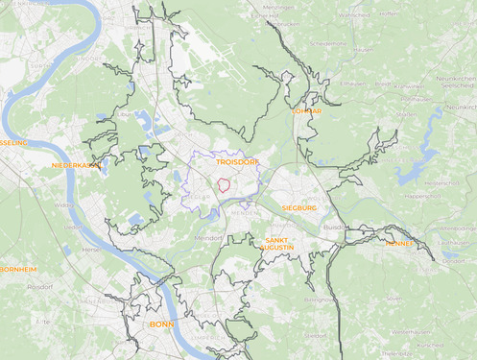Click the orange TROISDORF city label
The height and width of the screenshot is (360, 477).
(x=230, y=163)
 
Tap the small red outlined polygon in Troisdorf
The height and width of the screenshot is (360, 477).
(x=222, y=184)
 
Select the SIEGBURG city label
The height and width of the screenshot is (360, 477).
(x=299, y=207)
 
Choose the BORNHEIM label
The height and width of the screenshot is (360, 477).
(x=18, y=269)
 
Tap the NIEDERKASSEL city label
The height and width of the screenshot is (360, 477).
(x=77, y=165)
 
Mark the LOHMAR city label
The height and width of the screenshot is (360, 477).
(x=307, y=111)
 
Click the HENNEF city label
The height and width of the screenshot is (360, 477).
(x=399, y=244)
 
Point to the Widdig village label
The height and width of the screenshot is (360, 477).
(x=64, y=204)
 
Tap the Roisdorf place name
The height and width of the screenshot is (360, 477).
(x=39, y=286)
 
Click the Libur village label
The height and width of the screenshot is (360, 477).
(x=124, y=113)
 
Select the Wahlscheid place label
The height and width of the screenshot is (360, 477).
(x=354, y=15)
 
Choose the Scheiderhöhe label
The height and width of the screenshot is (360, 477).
(x=325, y=43)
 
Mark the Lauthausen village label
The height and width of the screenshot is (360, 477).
(x=451, y=243)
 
